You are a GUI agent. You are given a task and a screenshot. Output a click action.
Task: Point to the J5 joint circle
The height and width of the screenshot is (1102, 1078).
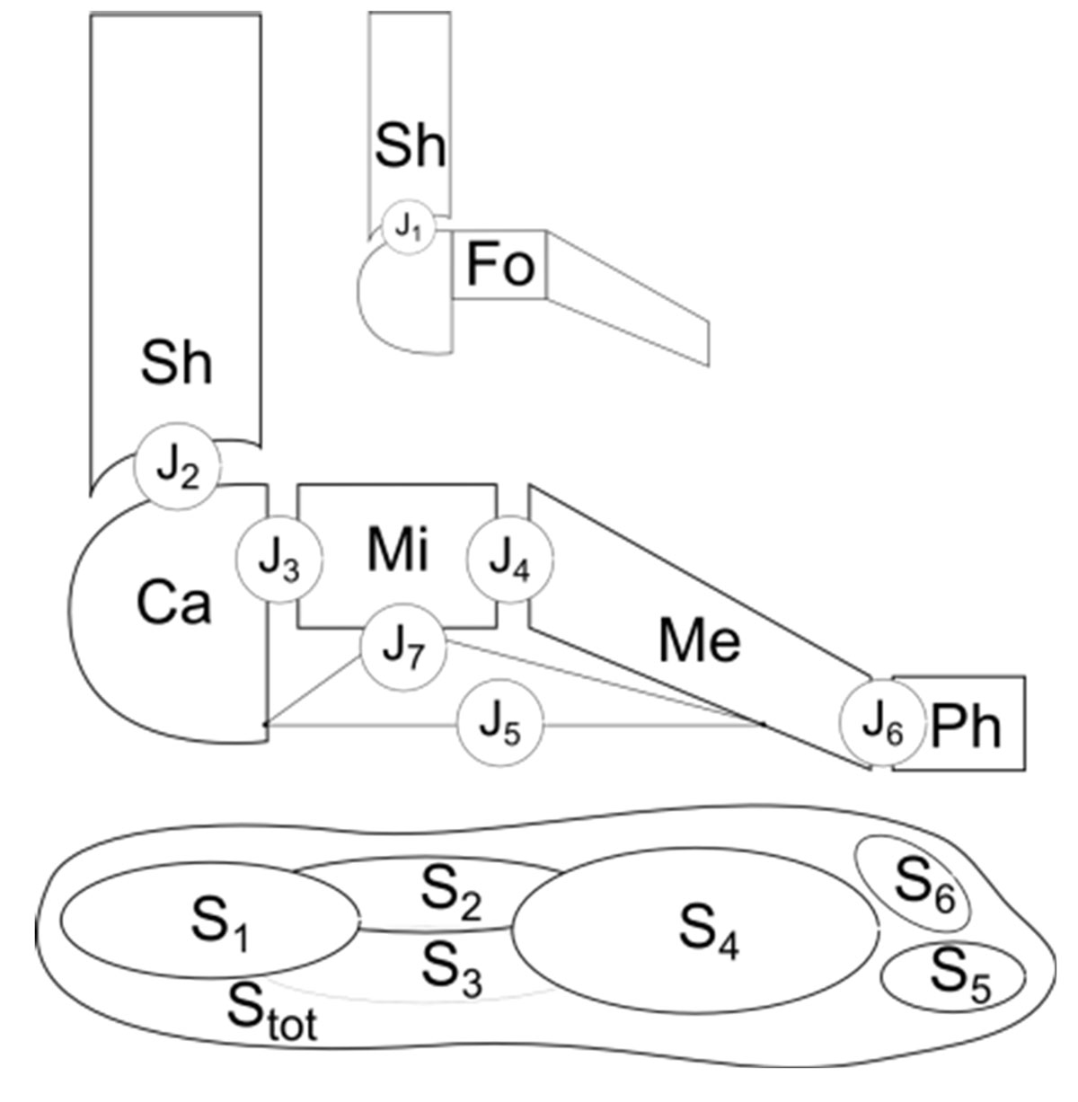[x=501, y=726]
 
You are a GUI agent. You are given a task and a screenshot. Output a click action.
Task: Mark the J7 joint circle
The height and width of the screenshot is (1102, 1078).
[x=403, y=649]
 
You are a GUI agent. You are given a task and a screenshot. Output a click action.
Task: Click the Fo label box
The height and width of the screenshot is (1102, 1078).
[x=500, y=266]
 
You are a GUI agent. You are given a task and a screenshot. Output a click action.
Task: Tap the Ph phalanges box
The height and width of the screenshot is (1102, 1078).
[x=959, y=724]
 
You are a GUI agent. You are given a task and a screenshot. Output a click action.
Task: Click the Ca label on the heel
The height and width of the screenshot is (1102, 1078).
[x=174, y=604]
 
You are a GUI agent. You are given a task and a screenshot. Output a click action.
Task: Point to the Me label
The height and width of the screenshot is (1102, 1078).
[x=700, y=640]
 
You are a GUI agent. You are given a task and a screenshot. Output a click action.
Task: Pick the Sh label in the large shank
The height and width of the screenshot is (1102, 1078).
[x=176, y=365]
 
